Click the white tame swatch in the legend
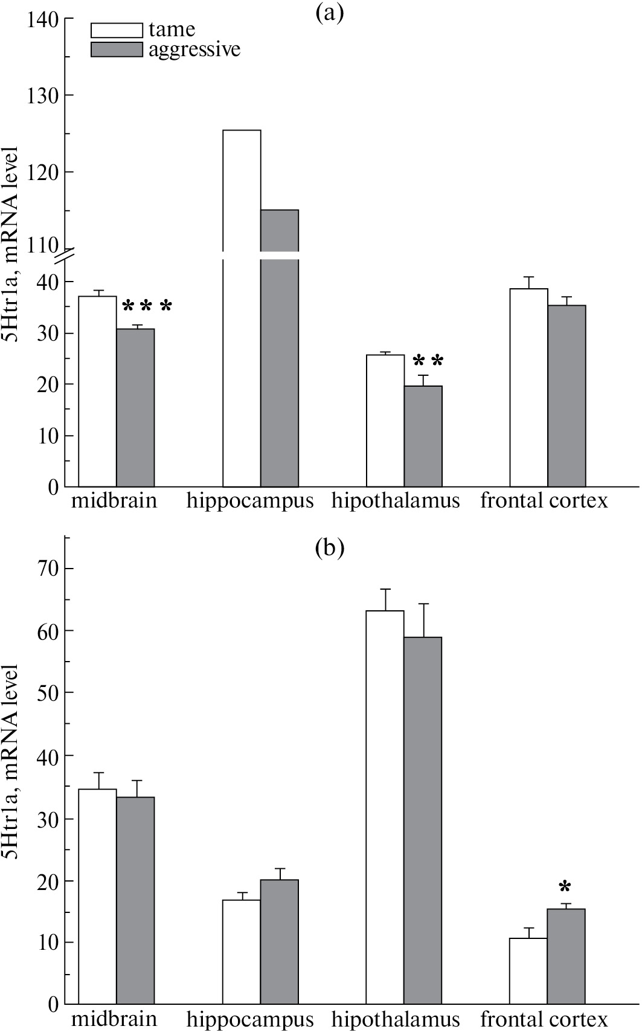(117, 30)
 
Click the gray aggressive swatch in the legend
(117, 50)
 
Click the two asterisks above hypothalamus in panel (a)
(428, 361)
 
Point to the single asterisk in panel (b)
(565, 888)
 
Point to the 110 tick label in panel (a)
(43, 245)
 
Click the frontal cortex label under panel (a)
(544, 501)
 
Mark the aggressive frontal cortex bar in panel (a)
(567, 396)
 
